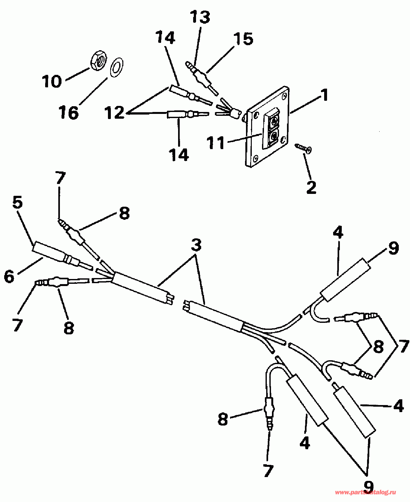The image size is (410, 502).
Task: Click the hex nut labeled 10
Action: [x=99, y=60]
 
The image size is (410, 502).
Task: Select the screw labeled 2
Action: [x=303, y=148]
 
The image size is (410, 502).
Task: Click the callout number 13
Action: [x=200, y=17]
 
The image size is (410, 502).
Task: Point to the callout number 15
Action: [x=243, y=39]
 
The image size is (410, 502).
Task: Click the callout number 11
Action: [x=216, y=143]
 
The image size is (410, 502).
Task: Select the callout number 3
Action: [x=196, y=245]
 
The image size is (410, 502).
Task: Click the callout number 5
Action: [x=18, y=202]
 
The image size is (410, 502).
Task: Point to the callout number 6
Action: [x=9, y=276]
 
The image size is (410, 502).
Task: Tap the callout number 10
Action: [x=52, y=81]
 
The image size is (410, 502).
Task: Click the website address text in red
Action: [x=365, y=492]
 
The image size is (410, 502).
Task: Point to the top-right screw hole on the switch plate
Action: [x=284, y=97]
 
